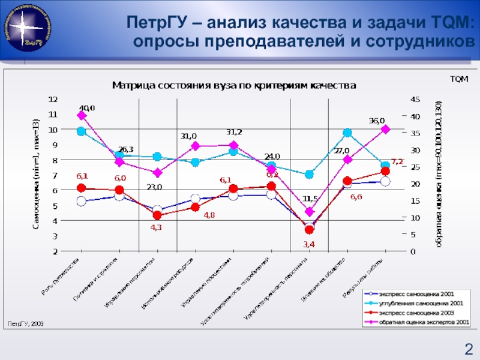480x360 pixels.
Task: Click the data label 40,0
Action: click(x=86, y=108)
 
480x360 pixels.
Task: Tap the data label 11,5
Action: click(x=310, y=199)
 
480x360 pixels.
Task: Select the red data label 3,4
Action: click(x=309, y=244)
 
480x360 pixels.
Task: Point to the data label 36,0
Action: click(x=376, y=121)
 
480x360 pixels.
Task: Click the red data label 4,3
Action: click(x=156, y=227)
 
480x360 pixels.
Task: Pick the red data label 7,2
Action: click(x=397, y=161)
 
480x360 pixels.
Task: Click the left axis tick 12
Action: click(x=53, y=98)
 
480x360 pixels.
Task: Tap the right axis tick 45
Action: click(x=414, y=99)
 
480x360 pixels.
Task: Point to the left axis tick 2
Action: click(x=55, y=252)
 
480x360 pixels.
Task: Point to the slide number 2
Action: click(x=467, y=347)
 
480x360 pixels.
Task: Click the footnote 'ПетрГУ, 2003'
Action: click(x=26, y=323)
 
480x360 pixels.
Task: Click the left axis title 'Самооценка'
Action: click(x=35, y=175)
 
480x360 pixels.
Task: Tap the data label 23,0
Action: click(x=154, y=187)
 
